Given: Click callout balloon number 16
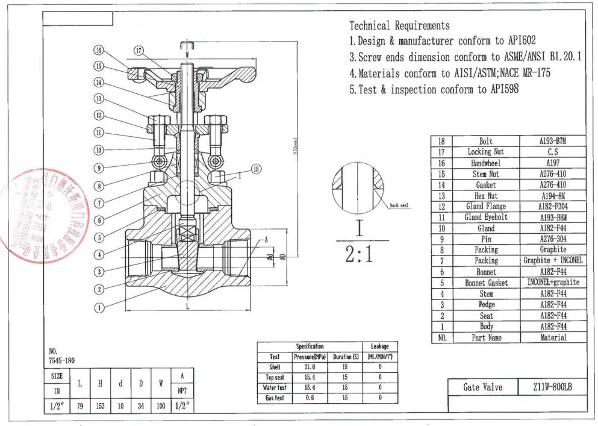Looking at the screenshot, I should (x=99, y=50).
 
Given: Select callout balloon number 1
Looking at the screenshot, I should (x=99, y=308).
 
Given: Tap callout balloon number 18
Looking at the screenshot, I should (x=256, y=169).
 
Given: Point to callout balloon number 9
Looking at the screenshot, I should (x=99, y=168).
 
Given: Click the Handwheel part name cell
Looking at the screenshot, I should (x=485, y=163).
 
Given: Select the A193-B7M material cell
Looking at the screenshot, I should (x=553, y=141).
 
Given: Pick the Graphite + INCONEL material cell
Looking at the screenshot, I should (x=553, y=261).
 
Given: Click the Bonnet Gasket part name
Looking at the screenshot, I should (x=485, y=283).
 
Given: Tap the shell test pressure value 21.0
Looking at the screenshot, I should (x=310, y=367).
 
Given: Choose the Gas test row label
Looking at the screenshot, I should (x=275, y=398).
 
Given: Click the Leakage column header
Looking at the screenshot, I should (x=379, y=346).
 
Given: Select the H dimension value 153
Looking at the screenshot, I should (x=100, y=406).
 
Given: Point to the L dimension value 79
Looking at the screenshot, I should (x=79, y=406).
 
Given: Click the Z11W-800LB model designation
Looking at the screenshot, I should (x=547, y=387).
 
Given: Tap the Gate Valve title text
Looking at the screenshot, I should (x=482, y=387).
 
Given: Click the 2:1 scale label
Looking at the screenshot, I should (x=359, y=255).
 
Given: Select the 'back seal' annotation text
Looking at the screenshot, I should (x=399, y=205).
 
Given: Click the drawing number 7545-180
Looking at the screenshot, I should (x=62, y=360).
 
